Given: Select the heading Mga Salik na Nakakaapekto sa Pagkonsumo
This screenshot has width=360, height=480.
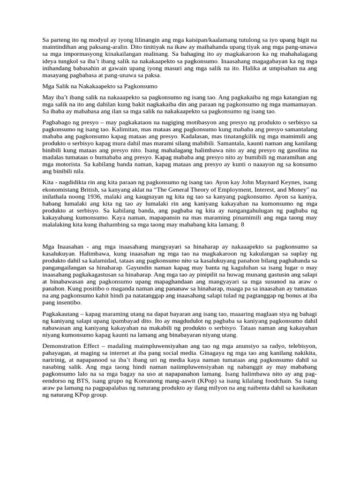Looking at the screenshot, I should pyautogui.click(x=100, y=86).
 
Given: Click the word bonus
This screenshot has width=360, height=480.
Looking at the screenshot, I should pyautogui.click(x=292, y=296).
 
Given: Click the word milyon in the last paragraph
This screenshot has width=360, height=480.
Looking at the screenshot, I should pyautogui.click(x=204, y=388).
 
